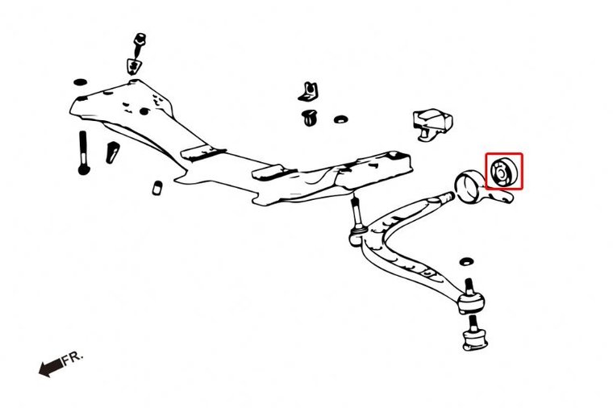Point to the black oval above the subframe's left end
coord(81,82)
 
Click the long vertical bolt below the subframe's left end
coord(84,153)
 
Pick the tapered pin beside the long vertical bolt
coord(112,152)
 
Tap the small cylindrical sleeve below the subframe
coord(156,188)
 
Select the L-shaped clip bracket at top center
coord(308,92)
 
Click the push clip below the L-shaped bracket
coord(310,118)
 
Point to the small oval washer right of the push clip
coord(341,119)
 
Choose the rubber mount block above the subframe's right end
coord(432,124)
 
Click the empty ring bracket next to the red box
coord(467,187)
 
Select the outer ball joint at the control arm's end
coord(472,298)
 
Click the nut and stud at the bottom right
coord(474,334)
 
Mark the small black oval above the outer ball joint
coord(466,261)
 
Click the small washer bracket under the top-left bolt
coord(134,65)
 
